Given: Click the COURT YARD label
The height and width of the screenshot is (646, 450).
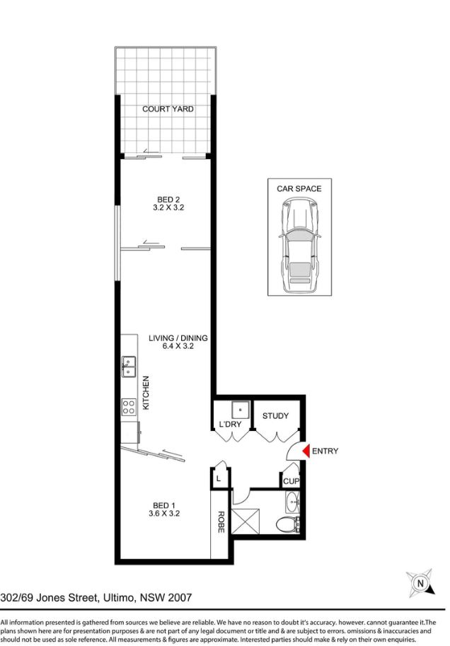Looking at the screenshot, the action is [168, 109].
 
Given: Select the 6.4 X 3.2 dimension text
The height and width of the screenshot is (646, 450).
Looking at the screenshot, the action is [178, 346].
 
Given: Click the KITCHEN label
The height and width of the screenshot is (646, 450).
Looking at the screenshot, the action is [146, 393].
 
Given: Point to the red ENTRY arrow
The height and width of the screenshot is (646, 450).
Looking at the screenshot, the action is [306, 451].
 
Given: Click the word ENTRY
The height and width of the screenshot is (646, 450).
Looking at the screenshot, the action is [325, 451].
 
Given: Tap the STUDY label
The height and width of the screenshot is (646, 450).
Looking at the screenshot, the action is [276, 416].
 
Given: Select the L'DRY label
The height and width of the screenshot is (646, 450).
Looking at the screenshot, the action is [230, 424].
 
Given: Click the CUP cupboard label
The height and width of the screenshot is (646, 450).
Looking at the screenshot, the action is [291, 481].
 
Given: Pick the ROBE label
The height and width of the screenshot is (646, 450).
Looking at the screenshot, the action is [221, 522].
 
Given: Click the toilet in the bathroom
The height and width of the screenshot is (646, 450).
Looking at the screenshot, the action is [287, 524].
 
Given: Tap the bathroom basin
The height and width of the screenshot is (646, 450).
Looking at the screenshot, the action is [292, 502].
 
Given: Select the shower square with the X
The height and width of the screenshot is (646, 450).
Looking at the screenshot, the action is [246, 521].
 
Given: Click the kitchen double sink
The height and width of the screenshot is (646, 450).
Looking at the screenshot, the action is [128, 367].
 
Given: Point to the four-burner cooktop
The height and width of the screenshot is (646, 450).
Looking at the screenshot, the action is [128, 407].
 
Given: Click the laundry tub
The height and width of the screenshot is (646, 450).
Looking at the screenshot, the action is [241, 410].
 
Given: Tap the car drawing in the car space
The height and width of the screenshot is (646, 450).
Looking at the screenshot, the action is [299, 245].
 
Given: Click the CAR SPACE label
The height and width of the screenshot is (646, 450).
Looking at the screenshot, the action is [299, 189].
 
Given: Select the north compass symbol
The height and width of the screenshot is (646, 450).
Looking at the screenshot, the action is [420, 583].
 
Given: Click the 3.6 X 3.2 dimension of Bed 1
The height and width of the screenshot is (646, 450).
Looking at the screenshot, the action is [164, 514].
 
